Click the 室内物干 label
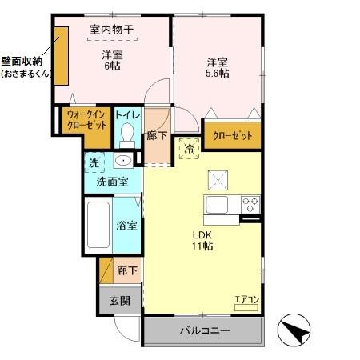(x=111, y=30)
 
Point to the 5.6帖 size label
(x=217, y=74)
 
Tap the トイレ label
(x=128, y=115)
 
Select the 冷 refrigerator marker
(x=190, y=148)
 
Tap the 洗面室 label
(x=112, y=182)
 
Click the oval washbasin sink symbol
(x=122, y=161)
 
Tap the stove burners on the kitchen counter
(x=250, y=202)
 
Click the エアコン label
(x=246, y=301)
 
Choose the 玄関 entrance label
(x=120, y=301)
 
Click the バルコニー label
(x=203, y=330)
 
